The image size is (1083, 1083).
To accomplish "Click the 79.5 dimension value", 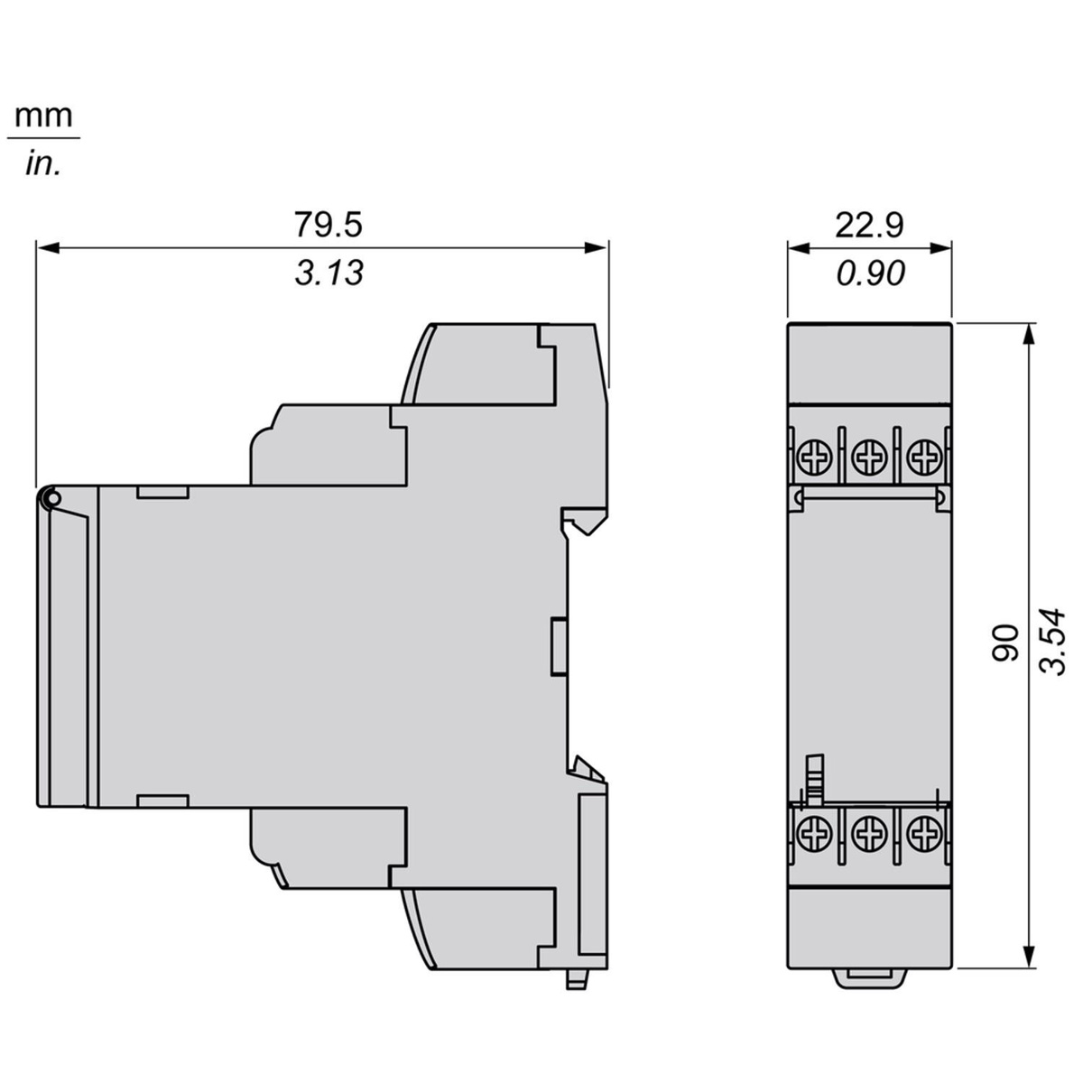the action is pyautogui.click(x=329, y=225).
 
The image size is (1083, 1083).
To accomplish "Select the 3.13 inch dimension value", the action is pyautogui.click(x=329, y=273).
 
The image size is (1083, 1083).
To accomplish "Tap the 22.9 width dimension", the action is pyautogui.click(x=869, y=226).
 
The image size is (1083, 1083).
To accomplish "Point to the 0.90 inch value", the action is pyautogui.click(x=871, y=273).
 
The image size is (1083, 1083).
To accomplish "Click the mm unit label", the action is pyautogui.click(x=44, y=117).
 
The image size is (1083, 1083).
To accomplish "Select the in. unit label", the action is pyautogui.click(x=42, y=165).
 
